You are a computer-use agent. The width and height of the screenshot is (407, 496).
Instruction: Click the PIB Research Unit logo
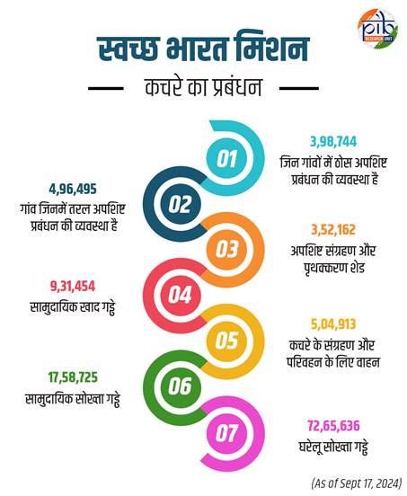[377, 28]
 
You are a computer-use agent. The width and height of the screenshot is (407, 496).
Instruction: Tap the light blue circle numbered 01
[226, 158]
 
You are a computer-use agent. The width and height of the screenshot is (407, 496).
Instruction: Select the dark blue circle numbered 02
[181, 204]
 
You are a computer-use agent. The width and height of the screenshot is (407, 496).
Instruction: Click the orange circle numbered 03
[226, 250]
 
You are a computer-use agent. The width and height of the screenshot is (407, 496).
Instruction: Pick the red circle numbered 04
[181, 295]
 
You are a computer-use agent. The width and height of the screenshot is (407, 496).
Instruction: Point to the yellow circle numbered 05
[226, 341]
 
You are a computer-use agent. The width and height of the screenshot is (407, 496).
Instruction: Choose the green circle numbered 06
[181, 386]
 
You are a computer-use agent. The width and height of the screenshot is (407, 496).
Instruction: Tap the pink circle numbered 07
[226, 432]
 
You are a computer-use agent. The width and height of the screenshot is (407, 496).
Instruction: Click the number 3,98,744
[333, 142]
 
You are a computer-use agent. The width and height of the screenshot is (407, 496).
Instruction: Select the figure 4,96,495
[73, 190]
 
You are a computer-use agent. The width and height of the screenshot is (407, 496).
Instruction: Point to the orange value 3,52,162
[333, 230]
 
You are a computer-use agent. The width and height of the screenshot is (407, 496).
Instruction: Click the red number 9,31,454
[73, 287]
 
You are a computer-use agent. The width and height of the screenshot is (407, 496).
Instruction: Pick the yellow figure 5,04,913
[333, 324]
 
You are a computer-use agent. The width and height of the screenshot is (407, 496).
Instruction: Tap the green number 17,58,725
[73, 377]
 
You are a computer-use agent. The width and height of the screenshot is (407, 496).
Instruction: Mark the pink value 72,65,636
[333, 426]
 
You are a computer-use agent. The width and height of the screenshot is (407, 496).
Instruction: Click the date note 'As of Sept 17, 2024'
[357, 483]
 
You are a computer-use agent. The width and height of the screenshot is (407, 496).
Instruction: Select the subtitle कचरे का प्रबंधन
[204, 88]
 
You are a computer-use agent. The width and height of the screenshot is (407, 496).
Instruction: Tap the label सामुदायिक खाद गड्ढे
[73, 307]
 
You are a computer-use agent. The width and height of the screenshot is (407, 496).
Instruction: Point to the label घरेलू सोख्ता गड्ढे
[333, 447]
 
